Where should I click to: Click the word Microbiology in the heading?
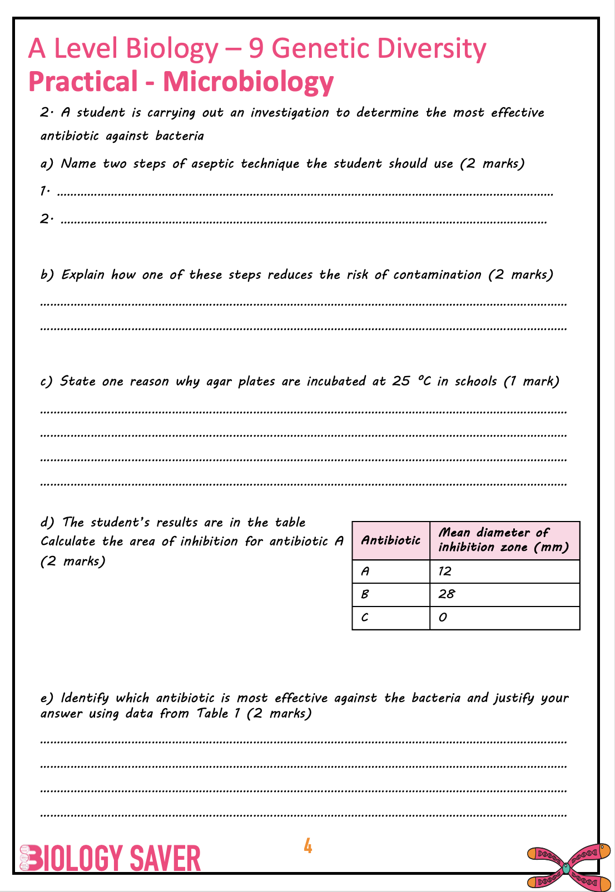[x=248, y=82]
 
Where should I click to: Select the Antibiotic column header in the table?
[x=391, y=540]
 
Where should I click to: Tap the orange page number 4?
[x=307, y=846]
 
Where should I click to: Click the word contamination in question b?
[x=437, y=275]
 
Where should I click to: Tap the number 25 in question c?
[x=401, y=382]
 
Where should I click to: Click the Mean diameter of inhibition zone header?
[x=504, y=540]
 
